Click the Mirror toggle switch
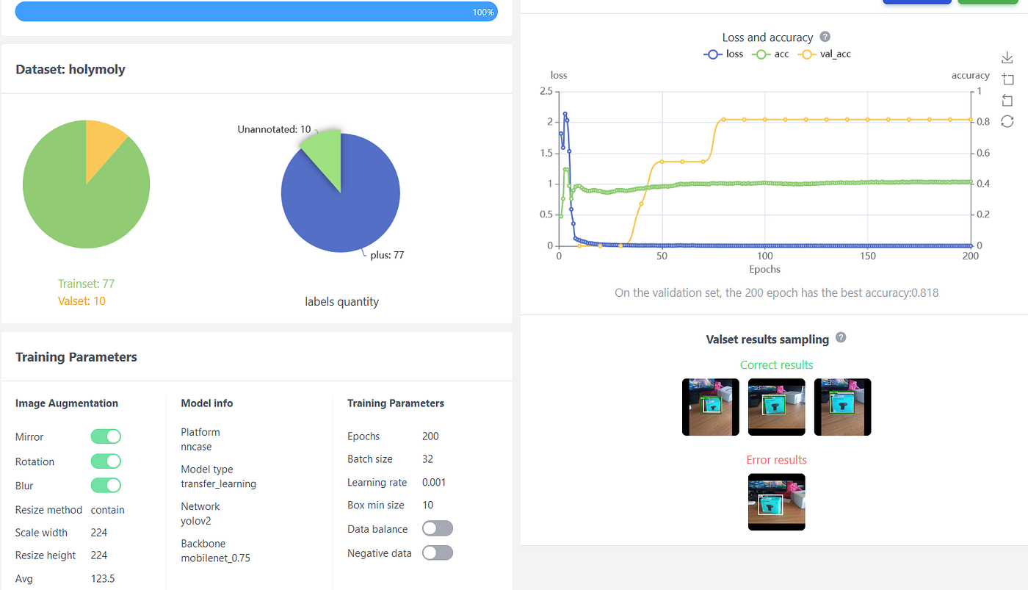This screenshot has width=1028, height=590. [106, 436]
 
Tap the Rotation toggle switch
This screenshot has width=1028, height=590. [106, 461]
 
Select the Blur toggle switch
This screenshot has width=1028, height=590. [106, 486]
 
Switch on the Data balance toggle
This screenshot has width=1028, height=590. [438, 528]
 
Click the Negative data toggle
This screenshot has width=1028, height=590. [438, 553]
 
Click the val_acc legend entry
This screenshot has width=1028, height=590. [825, 54]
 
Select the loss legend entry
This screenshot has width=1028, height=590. [723, 54]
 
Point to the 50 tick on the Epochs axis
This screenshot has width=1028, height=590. [662, 256]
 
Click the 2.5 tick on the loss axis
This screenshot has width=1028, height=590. [546, 91]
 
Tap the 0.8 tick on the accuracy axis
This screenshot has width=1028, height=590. [983, 122]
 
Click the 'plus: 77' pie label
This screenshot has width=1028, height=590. [388, 255]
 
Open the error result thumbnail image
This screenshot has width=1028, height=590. [777, 502]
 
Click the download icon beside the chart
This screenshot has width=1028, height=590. [1007, 57]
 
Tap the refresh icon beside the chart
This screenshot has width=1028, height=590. [1007, 122]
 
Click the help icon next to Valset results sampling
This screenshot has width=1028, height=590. [841, 337]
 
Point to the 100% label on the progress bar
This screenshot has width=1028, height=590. [483, 12]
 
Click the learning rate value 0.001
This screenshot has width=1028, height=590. [434, 482]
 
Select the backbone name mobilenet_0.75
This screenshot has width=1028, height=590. [215, 558]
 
